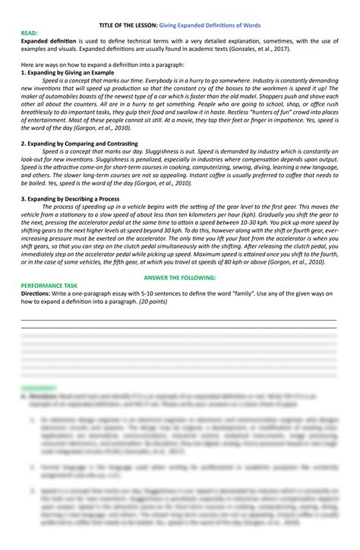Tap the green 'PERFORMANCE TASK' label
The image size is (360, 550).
[50, 285]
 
